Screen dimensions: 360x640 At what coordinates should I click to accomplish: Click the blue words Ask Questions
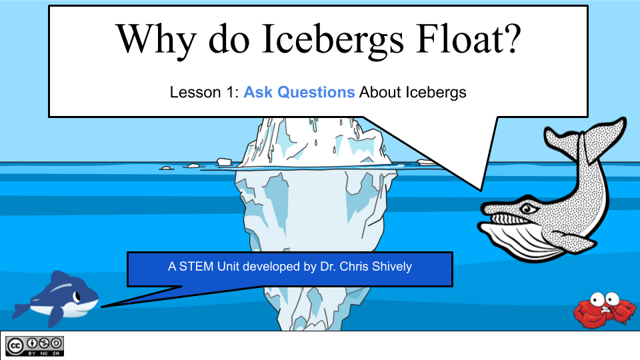(x=299, y=93)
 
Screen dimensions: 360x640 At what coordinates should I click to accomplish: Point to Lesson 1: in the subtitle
(x=205, y=93)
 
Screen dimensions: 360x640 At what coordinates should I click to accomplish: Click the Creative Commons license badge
(x=35, y=345)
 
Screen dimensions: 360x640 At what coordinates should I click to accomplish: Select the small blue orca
(x=56, y=297)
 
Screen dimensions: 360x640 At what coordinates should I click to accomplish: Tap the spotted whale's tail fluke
(x=586, y=137)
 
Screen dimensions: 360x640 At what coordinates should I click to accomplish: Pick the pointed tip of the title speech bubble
(x=481, y=188)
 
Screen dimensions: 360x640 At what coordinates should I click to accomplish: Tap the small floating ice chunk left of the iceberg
(x=225, y=161)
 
